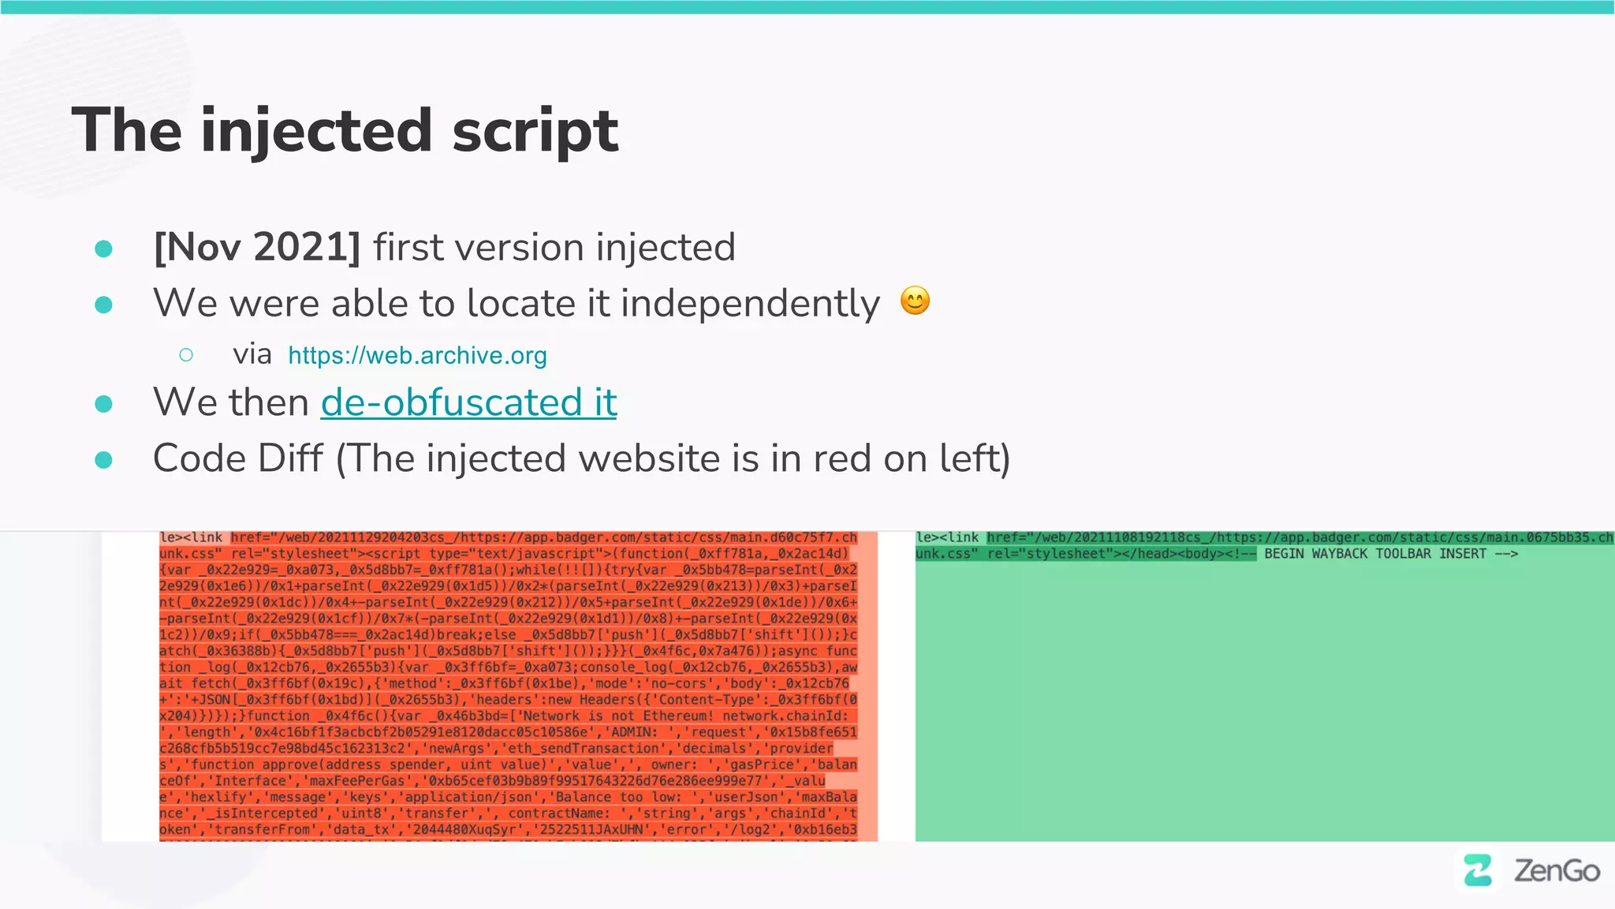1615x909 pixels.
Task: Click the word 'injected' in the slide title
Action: pos(316,131)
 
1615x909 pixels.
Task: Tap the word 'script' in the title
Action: pos(535,131)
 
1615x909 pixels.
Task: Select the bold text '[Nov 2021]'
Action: pos(257,247)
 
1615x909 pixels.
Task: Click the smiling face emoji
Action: pos(915,301)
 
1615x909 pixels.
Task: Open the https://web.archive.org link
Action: pos(417,355)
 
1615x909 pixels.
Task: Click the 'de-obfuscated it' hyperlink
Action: pos(468,402)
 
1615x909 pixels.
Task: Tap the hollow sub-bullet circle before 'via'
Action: pos(186,355)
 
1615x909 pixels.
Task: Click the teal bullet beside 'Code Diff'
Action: pos(103,459)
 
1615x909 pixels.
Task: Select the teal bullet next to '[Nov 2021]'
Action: pos(103,249)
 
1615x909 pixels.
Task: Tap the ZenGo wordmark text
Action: pos(1557,870)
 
